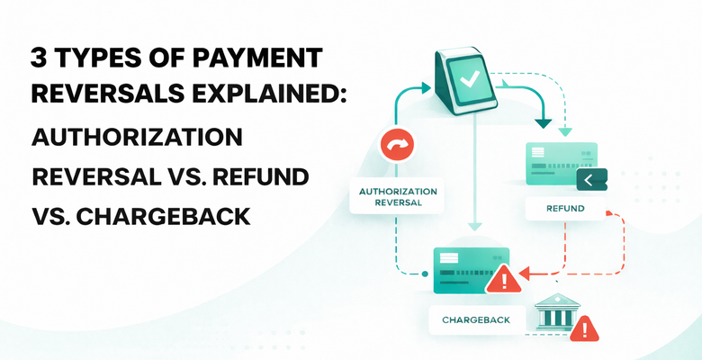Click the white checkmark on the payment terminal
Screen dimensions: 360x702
point(470,78)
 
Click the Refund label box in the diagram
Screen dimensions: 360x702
point(565,209)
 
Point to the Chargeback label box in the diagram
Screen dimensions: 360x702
point(476,319)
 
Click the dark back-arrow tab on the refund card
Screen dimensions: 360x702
point(590,181)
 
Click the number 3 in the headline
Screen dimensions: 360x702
point(40,61)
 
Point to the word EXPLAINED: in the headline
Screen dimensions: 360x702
point(262,99)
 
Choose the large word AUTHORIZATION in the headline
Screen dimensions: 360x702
point(138,139)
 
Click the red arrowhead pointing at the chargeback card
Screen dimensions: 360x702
point(529,271)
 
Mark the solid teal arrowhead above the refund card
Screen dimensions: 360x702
point(543,121)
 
